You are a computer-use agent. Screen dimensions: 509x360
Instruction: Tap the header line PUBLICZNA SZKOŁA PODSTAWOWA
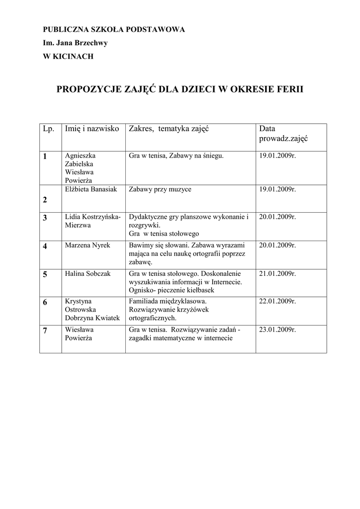[114, 30]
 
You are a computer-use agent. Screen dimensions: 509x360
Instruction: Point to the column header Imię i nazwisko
[92, 129]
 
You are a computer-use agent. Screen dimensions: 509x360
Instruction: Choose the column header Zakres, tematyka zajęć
[168, 129]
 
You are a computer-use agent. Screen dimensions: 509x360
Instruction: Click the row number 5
[45, 274]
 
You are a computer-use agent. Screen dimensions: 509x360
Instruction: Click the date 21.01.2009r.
[277, 273]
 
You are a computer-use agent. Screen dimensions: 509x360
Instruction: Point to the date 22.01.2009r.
[277, 301]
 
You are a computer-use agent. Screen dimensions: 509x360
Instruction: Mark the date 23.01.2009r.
[277, 329]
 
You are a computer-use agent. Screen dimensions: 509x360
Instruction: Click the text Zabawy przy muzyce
[160, 189]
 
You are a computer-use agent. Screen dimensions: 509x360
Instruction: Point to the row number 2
[45, 200]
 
